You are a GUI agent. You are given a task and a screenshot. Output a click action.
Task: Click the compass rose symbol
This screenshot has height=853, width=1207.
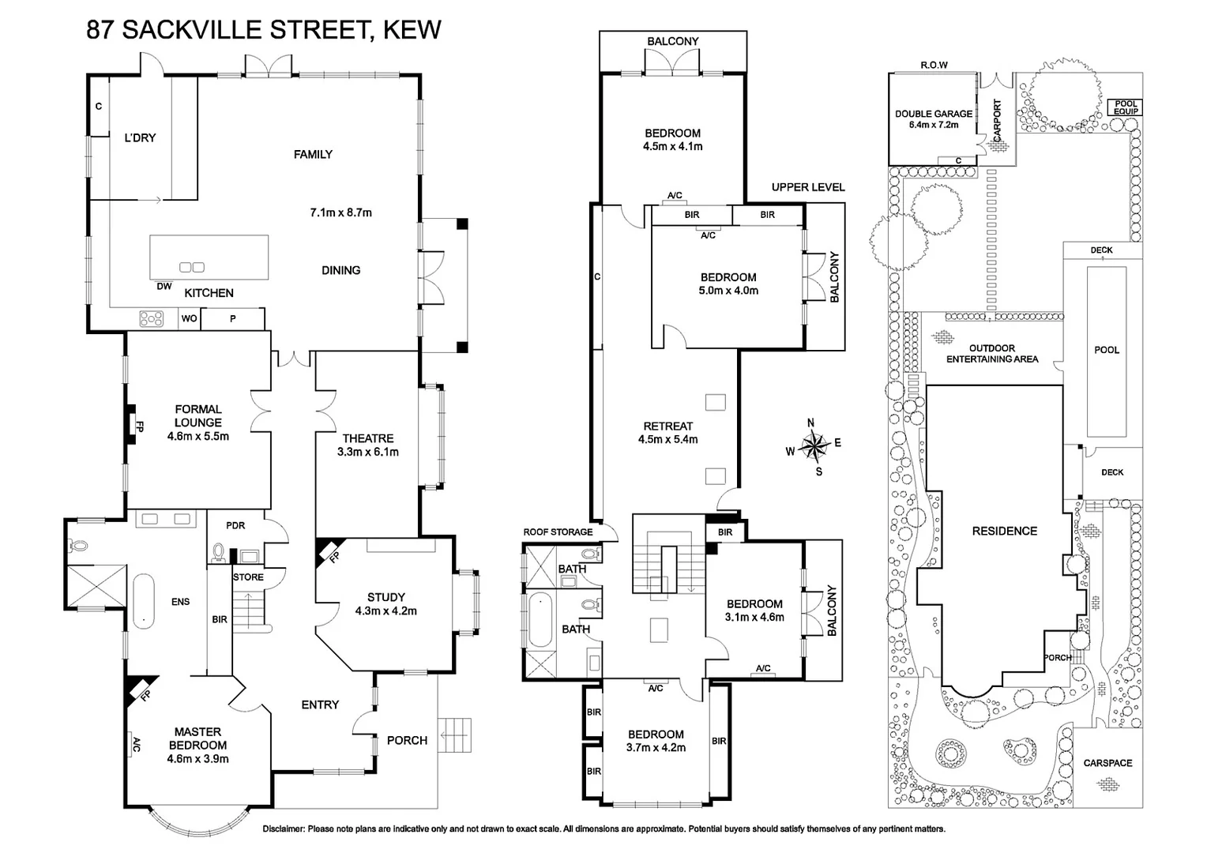tap(813, 445)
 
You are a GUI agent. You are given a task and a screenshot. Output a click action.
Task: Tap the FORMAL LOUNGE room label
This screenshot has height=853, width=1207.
tap(198, 422)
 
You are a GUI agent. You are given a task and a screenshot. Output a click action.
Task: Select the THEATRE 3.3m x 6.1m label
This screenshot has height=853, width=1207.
tap(368, 445)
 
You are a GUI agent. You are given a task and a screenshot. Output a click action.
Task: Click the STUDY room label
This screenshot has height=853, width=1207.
tap(385, 603)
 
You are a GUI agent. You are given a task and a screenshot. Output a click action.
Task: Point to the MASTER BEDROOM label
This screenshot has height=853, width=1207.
tap(197, 745)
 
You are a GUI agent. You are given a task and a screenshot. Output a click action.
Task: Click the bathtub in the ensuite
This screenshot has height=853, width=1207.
tap(143, 601)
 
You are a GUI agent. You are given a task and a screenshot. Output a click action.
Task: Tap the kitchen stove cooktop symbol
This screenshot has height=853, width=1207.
tap(151, 319)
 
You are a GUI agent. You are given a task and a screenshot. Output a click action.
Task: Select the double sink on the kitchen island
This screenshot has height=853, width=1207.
tap(192, 267)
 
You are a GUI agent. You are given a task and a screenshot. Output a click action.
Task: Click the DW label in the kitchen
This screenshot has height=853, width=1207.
tap(164, 287)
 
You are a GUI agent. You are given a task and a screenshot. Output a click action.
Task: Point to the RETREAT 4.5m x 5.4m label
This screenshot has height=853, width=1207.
tap(667, 432)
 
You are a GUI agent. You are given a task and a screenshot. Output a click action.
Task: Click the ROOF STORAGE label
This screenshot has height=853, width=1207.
tap(558, 532)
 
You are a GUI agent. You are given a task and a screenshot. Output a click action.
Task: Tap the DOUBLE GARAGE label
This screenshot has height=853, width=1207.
tap(933, 118)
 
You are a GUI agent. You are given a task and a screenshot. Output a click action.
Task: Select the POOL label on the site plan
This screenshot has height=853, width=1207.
tap(1106, 350)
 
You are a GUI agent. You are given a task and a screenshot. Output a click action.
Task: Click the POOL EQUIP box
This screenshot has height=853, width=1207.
tap(1126, 107)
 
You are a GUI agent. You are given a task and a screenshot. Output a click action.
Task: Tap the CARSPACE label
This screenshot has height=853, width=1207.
tap(1107, 763)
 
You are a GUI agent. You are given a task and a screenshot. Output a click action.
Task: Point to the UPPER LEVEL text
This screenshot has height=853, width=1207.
tap(808, 187)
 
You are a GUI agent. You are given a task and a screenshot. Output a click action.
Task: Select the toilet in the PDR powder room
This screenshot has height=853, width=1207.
tap(219, 551)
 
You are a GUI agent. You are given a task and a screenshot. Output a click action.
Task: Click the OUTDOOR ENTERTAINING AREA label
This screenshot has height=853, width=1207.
tap(992, 353)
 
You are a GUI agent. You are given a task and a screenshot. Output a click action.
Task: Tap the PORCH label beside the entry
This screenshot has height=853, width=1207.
tap(407, 740)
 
